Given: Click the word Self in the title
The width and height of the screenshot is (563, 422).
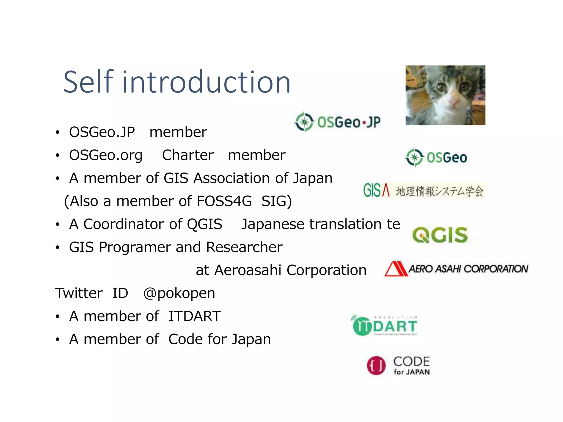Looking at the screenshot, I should pyautogui.click(x=88, y=82).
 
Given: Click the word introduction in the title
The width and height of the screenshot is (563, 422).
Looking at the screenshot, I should pyautogui.click(x=206, y=82).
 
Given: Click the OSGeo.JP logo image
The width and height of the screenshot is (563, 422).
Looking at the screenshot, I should pyautogui.click(x=338, y=122).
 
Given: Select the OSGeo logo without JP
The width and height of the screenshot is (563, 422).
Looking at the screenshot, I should pyautogui.click(x=436, y=157).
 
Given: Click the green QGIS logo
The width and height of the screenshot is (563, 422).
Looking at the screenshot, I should pyautogui.click(x=440, y=235).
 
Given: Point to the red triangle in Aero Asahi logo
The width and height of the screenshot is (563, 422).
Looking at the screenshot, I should pyautogui.click(x=396, y=269).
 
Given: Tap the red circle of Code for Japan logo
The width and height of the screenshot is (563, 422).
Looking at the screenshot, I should pyautogui.click(x=376, y=365).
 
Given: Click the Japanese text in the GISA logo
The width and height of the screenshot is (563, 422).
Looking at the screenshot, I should pyautogui.click(x=439, y=191).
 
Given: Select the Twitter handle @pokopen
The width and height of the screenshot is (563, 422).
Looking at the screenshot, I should pyautogui.click(x=179, y=293).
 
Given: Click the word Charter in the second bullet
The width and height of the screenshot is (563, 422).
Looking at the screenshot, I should pyautogui.click(x=188, y=155).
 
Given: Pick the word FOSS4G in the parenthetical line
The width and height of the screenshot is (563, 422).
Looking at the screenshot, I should pyautogui.click(x=224, y=201).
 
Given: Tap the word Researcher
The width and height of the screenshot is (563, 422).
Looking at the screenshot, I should pyautogui.click(x=244, y=247).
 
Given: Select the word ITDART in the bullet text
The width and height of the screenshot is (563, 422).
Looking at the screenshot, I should pyautogui.click(x=195, y=316).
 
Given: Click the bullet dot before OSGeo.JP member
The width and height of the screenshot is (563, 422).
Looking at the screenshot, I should pyautogui.click(x=57, y=133).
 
